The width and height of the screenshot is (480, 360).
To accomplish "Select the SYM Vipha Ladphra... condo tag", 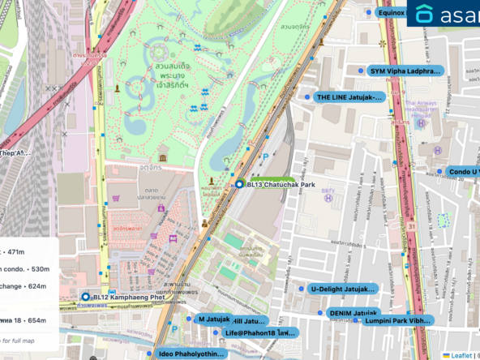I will coord(405,71).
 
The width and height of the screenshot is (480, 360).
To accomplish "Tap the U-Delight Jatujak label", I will coord(343,289).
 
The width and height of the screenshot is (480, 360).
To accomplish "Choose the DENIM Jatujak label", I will coord(354,312).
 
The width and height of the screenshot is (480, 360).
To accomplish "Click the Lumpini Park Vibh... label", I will coord(397,321).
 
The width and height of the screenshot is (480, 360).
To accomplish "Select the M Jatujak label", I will coord(214,319).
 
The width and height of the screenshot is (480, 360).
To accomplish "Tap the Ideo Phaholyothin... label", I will coord(191,354).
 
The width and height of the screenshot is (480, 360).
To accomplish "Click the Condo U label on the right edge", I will coord(464,172).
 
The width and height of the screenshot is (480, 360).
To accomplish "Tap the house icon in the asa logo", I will coord(424,15).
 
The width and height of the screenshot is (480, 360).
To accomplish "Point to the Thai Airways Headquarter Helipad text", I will coord(421,109).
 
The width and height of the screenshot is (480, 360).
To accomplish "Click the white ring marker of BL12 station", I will coord(85,298).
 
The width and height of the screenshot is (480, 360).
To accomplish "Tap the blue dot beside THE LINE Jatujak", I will coord(308,97).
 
